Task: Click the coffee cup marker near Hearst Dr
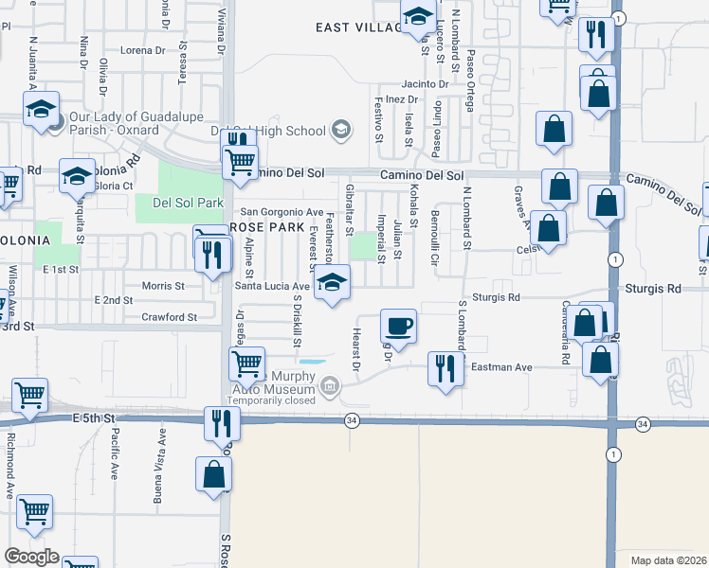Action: click(x=398, y=326)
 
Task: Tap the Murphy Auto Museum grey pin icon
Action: click(x=329, y=385)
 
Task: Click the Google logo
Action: click(x=31, y=557)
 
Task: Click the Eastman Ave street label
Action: click(x=507, y=367)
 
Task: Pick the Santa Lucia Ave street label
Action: click(x=273, y=285)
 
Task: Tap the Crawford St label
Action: click(x=170, y=317)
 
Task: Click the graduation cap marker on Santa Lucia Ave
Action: click(x=332, y=282)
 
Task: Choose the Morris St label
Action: click(x=163, y=285)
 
